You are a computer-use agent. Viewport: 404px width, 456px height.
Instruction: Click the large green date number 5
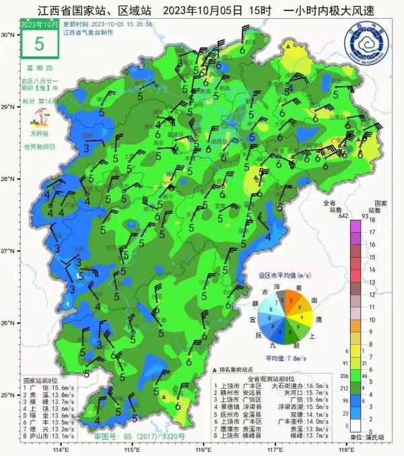(x=38, y=44)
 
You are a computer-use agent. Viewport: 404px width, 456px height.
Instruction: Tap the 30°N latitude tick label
(x=8, y=34)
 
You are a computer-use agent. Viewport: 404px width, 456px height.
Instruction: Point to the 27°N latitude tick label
(x=8, y=251)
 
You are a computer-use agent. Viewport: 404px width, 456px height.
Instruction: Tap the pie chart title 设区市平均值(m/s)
(x=285, y=276)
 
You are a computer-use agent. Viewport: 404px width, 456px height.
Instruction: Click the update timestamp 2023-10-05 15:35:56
(x=122, y=24)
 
